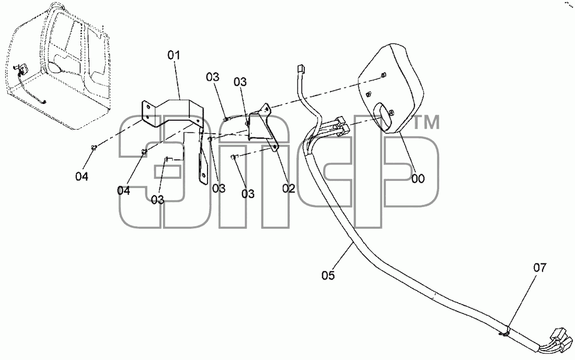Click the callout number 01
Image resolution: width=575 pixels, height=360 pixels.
[174, 56]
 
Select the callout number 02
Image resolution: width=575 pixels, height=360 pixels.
[289, 188]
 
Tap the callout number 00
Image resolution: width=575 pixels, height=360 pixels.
[418, 179]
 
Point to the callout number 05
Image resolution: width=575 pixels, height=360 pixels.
[328, 275]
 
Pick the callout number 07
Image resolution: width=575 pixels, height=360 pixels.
[540, 268]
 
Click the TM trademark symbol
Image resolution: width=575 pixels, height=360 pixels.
[426, 122]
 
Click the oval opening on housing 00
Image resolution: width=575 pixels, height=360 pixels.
[383, 116]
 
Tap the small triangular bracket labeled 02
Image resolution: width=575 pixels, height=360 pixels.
[263, 126]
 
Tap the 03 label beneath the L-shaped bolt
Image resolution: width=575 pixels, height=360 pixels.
[158, 200]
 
